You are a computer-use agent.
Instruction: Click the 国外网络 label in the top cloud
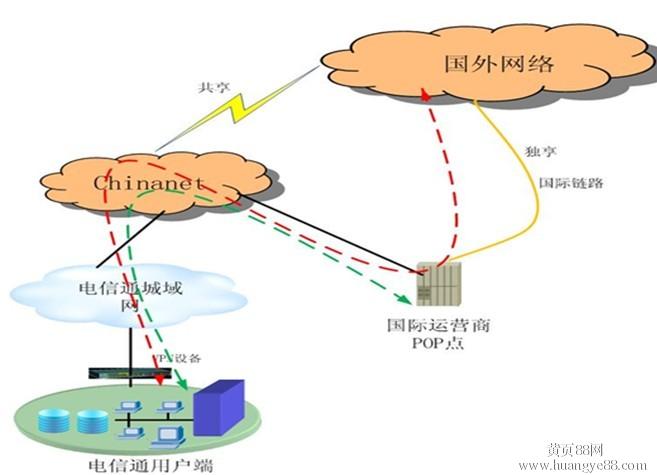[x=499, y=65]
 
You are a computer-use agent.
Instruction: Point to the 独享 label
[x=538, y=151]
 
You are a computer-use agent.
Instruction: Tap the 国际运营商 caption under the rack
[x=426, y=325]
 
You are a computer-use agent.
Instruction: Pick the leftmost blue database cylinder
[x=50, y=418]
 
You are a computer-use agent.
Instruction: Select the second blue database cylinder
[x=88, y=418]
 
